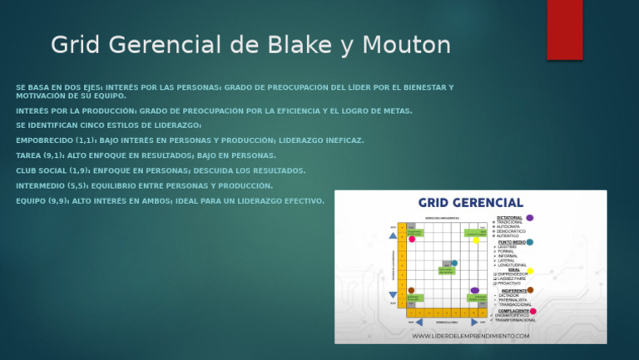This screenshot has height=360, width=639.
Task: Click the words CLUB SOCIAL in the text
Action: pos(47,170)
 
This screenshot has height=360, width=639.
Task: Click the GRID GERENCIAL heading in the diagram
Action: pos(470,202)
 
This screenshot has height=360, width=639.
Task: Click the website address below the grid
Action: pos(471,336)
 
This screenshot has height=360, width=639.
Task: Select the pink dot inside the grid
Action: pos(412,239)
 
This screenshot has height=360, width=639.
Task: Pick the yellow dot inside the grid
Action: pos(476,240)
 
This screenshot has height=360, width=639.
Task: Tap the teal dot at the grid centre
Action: pos(453,264)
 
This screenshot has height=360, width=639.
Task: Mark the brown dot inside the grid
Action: pos(411,290)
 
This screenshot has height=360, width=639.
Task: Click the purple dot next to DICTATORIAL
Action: pos(530,218)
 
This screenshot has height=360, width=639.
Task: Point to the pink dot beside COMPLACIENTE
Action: pos(533,312)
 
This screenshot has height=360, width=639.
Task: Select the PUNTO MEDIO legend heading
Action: pos(513,242)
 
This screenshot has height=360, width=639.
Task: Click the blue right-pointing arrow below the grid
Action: pos(475,322)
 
